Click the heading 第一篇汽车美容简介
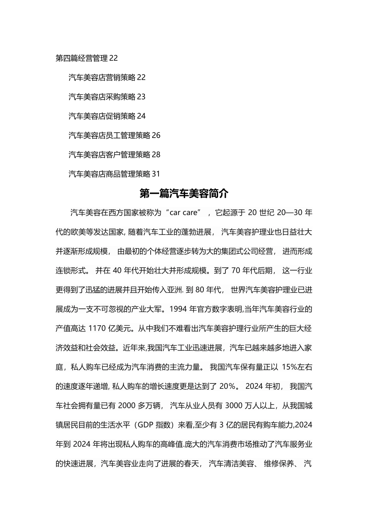coord(184,193)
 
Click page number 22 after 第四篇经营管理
coord(113,58)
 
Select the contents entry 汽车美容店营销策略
coord(102,78)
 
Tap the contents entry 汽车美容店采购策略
coord(102,97)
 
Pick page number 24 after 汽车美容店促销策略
coord(141,116)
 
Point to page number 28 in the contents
coord(156,155)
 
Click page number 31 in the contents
coord(156,174)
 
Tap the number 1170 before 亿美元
coord(97,328)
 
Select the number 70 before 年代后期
coord(236,271)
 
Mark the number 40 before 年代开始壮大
coord(117,271)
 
